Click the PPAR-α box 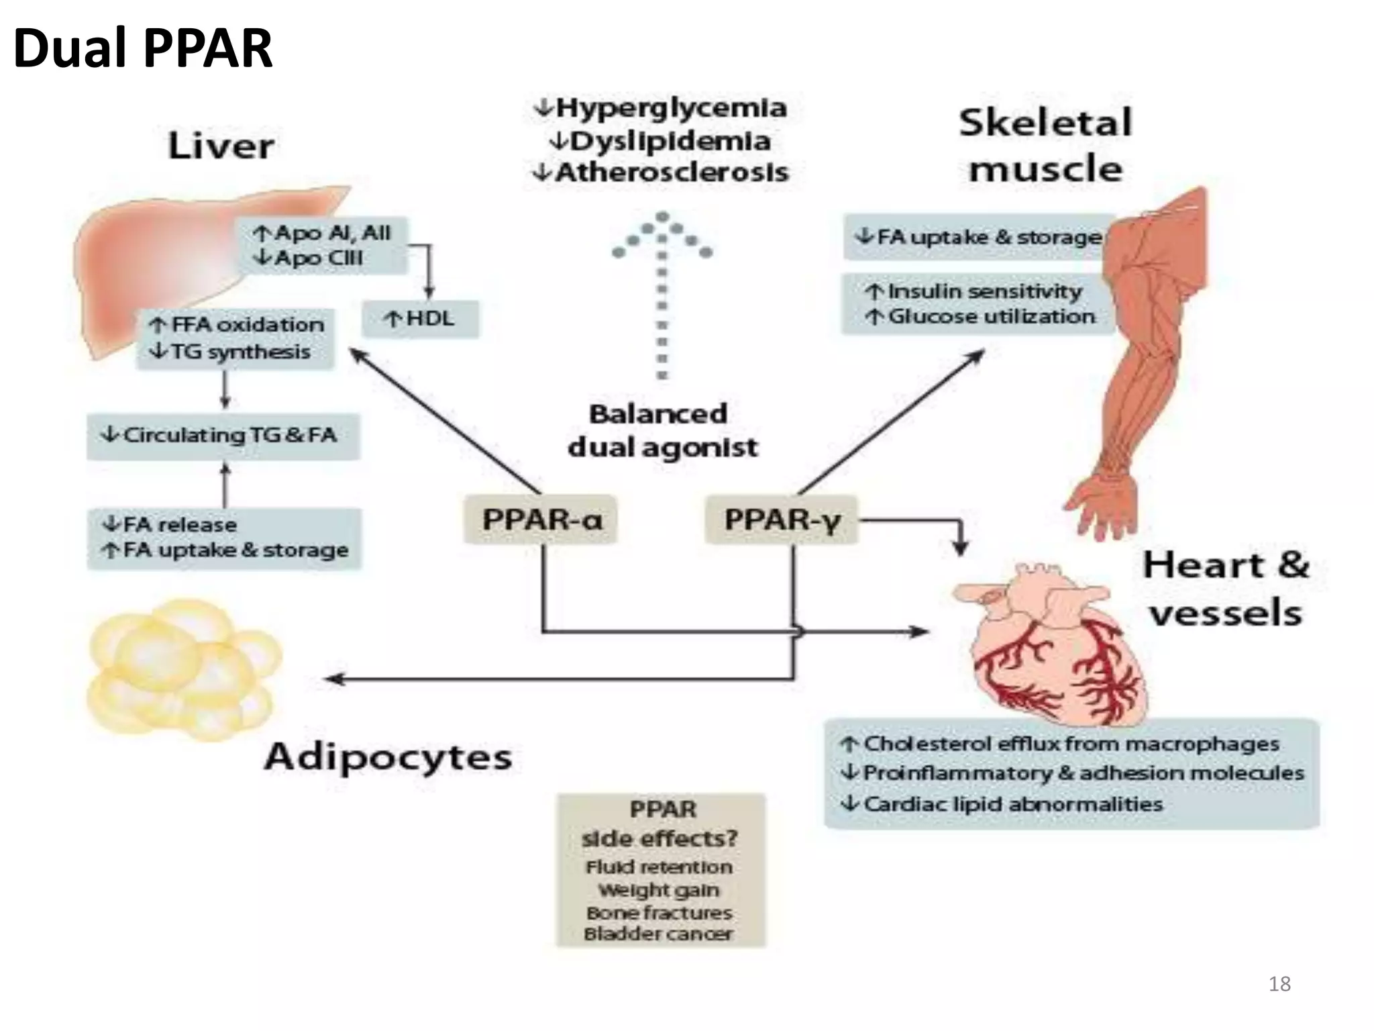[541, 519]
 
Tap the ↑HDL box [421, 318]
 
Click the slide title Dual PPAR [143, 48]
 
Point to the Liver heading [221, 146]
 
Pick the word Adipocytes [388, 757]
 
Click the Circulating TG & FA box [223, 436]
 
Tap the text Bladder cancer [659, 934]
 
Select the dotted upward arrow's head [662, 232]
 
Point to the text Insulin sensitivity [984, 291]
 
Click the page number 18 [1279, 983]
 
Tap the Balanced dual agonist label [661, 430]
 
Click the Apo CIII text [318, 258]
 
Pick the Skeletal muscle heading [1045, 145]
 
